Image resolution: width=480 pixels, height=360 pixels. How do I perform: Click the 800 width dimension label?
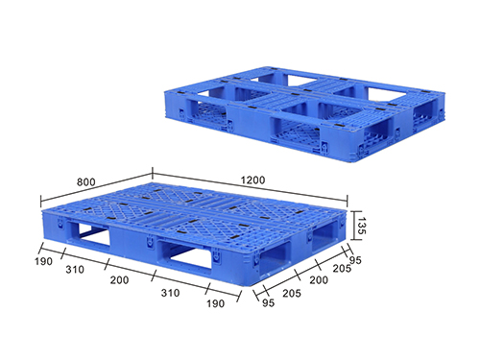86,181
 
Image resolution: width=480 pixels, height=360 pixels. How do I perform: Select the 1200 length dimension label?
252,180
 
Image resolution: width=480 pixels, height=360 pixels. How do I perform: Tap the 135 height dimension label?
361,226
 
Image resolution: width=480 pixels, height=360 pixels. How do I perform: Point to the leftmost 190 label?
43,261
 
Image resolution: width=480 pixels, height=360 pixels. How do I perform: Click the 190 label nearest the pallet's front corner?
215,303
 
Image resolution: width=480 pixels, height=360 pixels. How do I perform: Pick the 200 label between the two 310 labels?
119,280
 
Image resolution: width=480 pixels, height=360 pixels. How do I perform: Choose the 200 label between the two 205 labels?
319,280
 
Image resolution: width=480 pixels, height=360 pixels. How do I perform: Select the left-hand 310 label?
75,270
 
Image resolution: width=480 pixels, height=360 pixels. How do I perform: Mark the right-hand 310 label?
170,293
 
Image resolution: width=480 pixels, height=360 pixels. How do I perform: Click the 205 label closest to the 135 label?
342,268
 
